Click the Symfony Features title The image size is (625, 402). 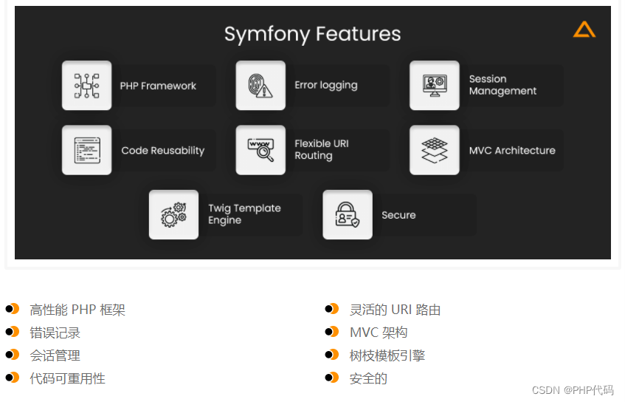click(x=312, y=34)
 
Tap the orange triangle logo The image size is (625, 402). click(x=584, y=30)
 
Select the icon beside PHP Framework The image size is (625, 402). click(x=87, y=86)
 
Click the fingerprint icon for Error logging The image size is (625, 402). click(x=260, y=86)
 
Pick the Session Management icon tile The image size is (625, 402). click(x=435, y=86)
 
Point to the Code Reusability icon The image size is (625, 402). click(x=87, y=150)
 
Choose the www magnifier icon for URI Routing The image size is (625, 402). click(x=260, y=150)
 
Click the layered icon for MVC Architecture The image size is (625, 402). click(x=435, y=150)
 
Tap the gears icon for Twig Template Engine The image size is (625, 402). click(x=173, y=214)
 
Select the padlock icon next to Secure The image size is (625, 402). click(x=348, y=214)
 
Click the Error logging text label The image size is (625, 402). click(x=325, y=85)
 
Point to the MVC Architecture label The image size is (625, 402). click(x=511, y=150)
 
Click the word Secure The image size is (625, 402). click(x=398, y=215)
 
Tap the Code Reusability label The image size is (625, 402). click(x=162, y=150)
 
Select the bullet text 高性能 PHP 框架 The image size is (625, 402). click(x=77, y=310)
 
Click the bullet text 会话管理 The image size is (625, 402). click(x=55, y=355)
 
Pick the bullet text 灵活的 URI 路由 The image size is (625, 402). click(x=395, y=310)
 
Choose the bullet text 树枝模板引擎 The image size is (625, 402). click(x=387, y=355)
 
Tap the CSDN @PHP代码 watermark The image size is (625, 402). click(x=573, y=389)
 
